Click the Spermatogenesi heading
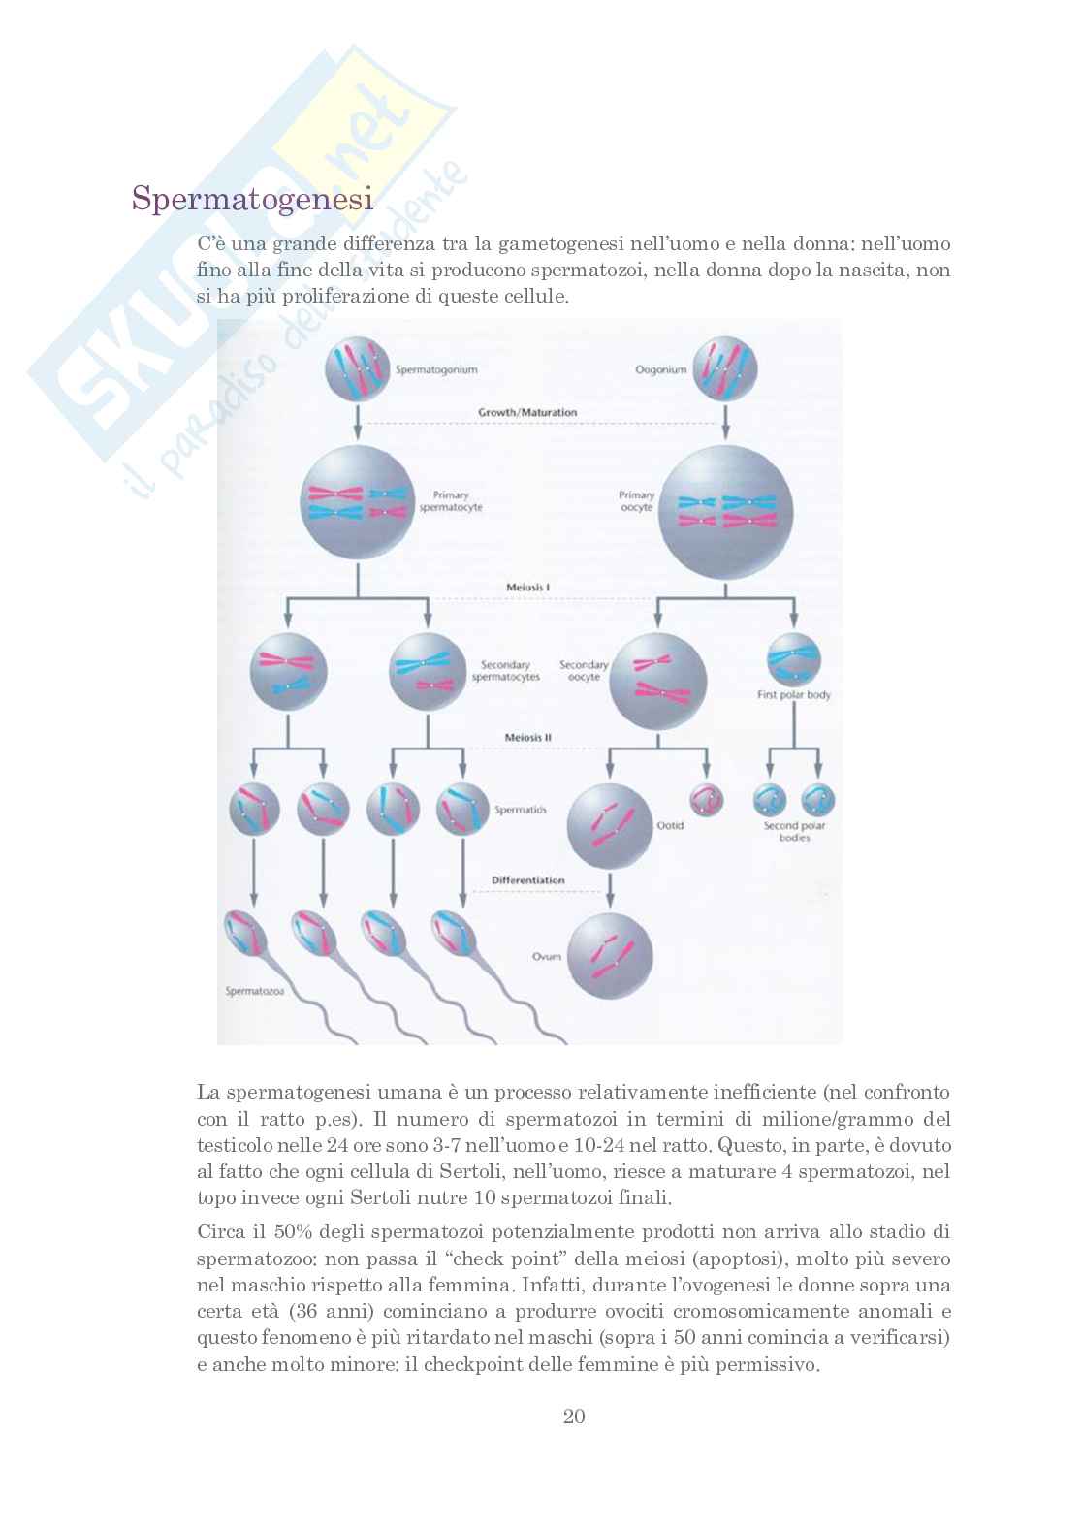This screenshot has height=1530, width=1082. tap(253, 199)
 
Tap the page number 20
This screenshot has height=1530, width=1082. tap(574, 1416)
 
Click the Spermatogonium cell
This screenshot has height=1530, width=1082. tap(357, 369)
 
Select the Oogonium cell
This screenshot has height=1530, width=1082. tap(725, 369)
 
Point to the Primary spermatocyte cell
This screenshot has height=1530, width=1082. tap(358, 502)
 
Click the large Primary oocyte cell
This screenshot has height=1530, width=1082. tap(725, 513)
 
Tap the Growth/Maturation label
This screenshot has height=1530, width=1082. tap(527, 412)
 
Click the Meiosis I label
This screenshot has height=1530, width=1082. tap(528, 588)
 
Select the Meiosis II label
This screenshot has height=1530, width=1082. tap(528, 738)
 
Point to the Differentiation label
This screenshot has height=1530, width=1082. tap(528, 880)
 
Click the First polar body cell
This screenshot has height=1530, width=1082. tap(794, 659)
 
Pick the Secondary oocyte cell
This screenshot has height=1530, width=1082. tap(657, 681)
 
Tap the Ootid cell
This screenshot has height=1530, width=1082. tap(610, 826)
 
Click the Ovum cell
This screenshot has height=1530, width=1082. tap(610, 956)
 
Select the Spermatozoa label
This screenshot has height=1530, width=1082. tap(254, 991)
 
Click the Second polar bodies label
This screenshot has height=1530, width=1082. tap(794, 831)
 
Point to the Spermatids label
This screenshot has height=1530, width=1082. tap(521, 810)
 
